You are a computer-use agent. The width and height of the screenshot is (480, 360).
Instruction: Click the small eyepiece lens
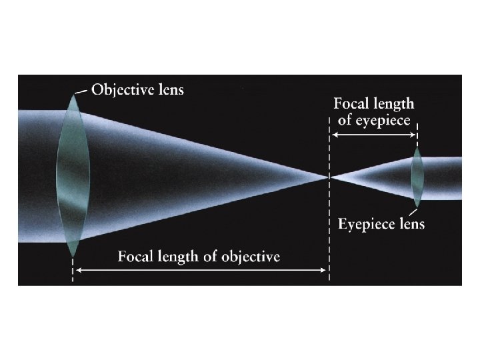[417, 177]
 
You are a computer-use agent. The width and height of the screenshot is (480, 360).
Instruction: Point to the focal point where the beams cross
[329, 177]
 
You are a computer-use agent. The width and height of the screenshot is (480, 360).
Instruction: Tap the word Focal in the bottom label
[136, 257]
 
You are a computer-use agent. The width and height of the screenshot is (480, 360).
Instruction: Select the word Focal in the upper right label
[351, 104]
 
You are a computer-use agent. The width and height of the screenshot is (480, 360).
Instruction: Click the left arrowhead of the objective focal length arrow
[77, 270]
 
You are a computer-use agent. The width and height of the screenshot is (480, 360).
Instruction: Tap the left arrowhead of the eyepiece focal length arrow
[334, 135]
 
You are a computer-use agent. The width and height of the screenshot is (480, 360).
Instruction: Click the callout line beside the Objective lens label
[81, 91]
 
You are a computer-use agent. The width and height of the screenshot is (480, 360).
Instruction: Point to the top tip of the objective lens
[73, 94]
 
